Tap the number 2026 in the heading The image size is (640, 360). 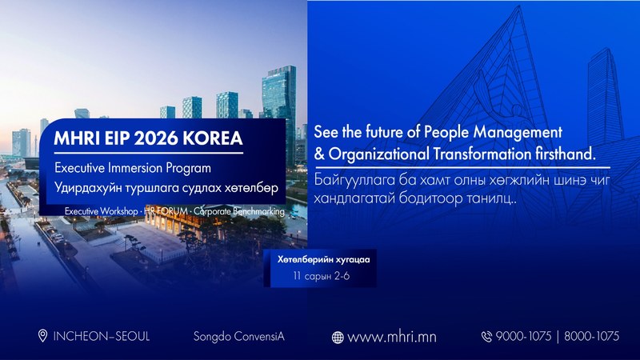pyautogui.click(x=156, y=138)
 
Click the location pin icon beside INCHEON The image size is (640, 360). pyautogui.click(x=42, y=336)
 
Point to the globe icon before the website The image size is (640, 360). pyautogui.click(x=338, y=338)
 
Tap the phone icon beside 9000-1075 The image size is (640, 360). pyautogui.click(x=486, y=337)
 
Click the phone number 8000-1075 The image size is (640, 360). pyautogui.click(x=591, y=336)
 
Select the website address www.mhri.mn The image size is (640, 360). pyautogui.click(x=392, y=337)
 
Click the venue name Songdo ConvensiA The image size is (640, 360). pyautogui.click(x=238, y=337)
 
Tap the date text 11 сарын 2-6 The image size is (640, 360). pyautogui.click(x=322, y=276)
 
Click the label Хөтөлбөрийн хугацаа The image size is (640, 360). pyautogui.click(x=324, y=259)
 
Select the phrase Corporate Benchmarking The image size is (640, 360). pyautogui.click(x=239, y=211)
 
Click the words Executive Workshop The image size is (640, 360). pyautogui.click(x=102, y=211)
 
